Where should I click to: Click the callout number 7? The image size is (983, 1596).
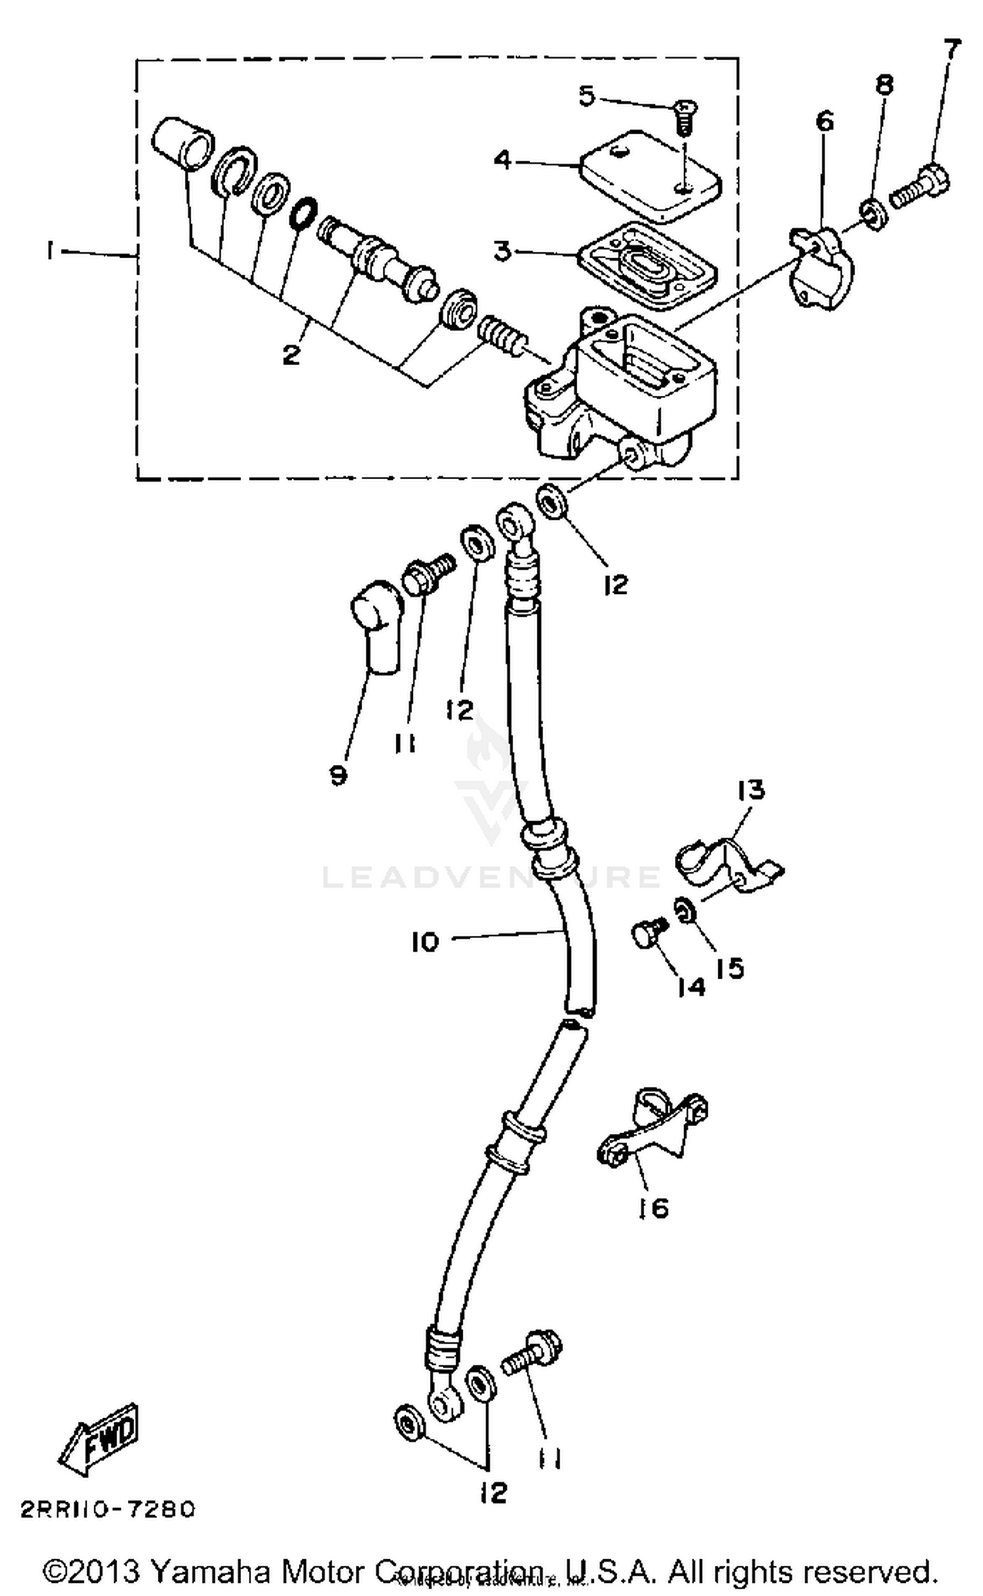pos(952,50)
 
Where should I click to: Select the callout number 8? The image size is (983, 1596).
pos(884,85)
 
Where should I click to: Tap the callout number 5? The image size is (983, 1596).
pos(587,96)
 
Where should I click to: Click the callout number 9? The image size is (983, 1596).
pos(338,776)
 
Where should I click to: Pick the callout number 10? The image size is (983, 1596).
pos(425,942)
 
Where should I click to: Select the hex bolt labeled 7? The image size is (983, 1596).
pos(921,187)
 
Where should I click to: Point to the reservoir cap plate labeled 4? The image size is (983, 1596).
pos(650,174)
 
